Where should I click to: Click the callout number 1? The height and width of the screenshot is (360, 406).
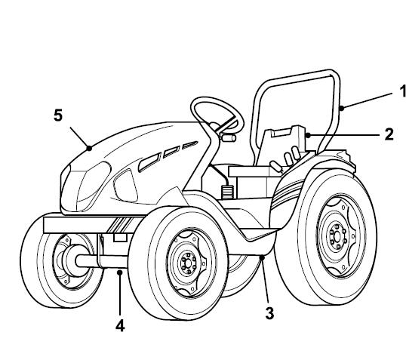pyautogui.click(x=402, y=91)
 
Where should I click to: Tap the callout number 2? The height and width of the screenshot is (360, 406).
pyautogui.click(x=389, y=134)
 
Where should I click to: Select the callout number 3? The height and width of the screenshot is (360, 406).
pyautogui.click(x=269, y=313)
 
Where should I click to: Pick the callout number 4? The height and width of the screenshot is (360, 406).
pyautogui.click(x=120, y=325)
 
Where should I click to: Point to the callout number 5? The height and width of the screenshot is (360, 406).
pyautogui.click(x=58, y=115)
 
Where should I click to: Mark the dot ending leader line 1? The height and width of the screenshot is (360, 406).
pyautogui.click(x=342, y=108)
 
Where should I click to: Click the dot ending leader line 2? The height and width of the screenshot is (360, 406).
pyautogui.click(x=308, y=135)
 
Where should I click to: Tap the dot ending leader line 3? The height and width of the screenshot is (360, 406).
pyautogui.click(x=262, y=257)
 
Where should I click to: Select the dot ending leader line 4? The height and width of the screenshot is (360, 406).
pyautogui.click(x=120, y=272)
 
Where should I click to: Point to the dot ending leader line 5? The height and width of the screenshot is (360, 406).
pyautogui.click(x=89, y=148)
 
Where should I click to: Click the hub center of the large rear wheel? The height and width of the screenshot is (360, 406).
pyautogui.click(x=337, y=236)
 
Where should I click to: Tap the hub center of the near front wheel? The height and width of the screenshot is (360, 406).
pyautogui.click(x=189, y=263)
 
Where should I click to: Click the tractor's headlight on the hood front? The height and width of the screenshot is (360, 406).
pyautogui.click(x=94, y=185)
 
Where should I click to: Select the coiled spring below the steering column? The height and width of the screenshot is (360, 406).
pyautogui.click(x=227, y=192)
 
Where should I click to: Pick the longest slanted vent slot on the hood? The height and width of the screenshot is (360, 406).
pyautogui.click(x=149, y=162)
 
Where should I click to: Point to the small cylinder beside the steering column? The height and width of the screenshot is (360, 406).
pyautogui.click(x=228, y=138)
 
